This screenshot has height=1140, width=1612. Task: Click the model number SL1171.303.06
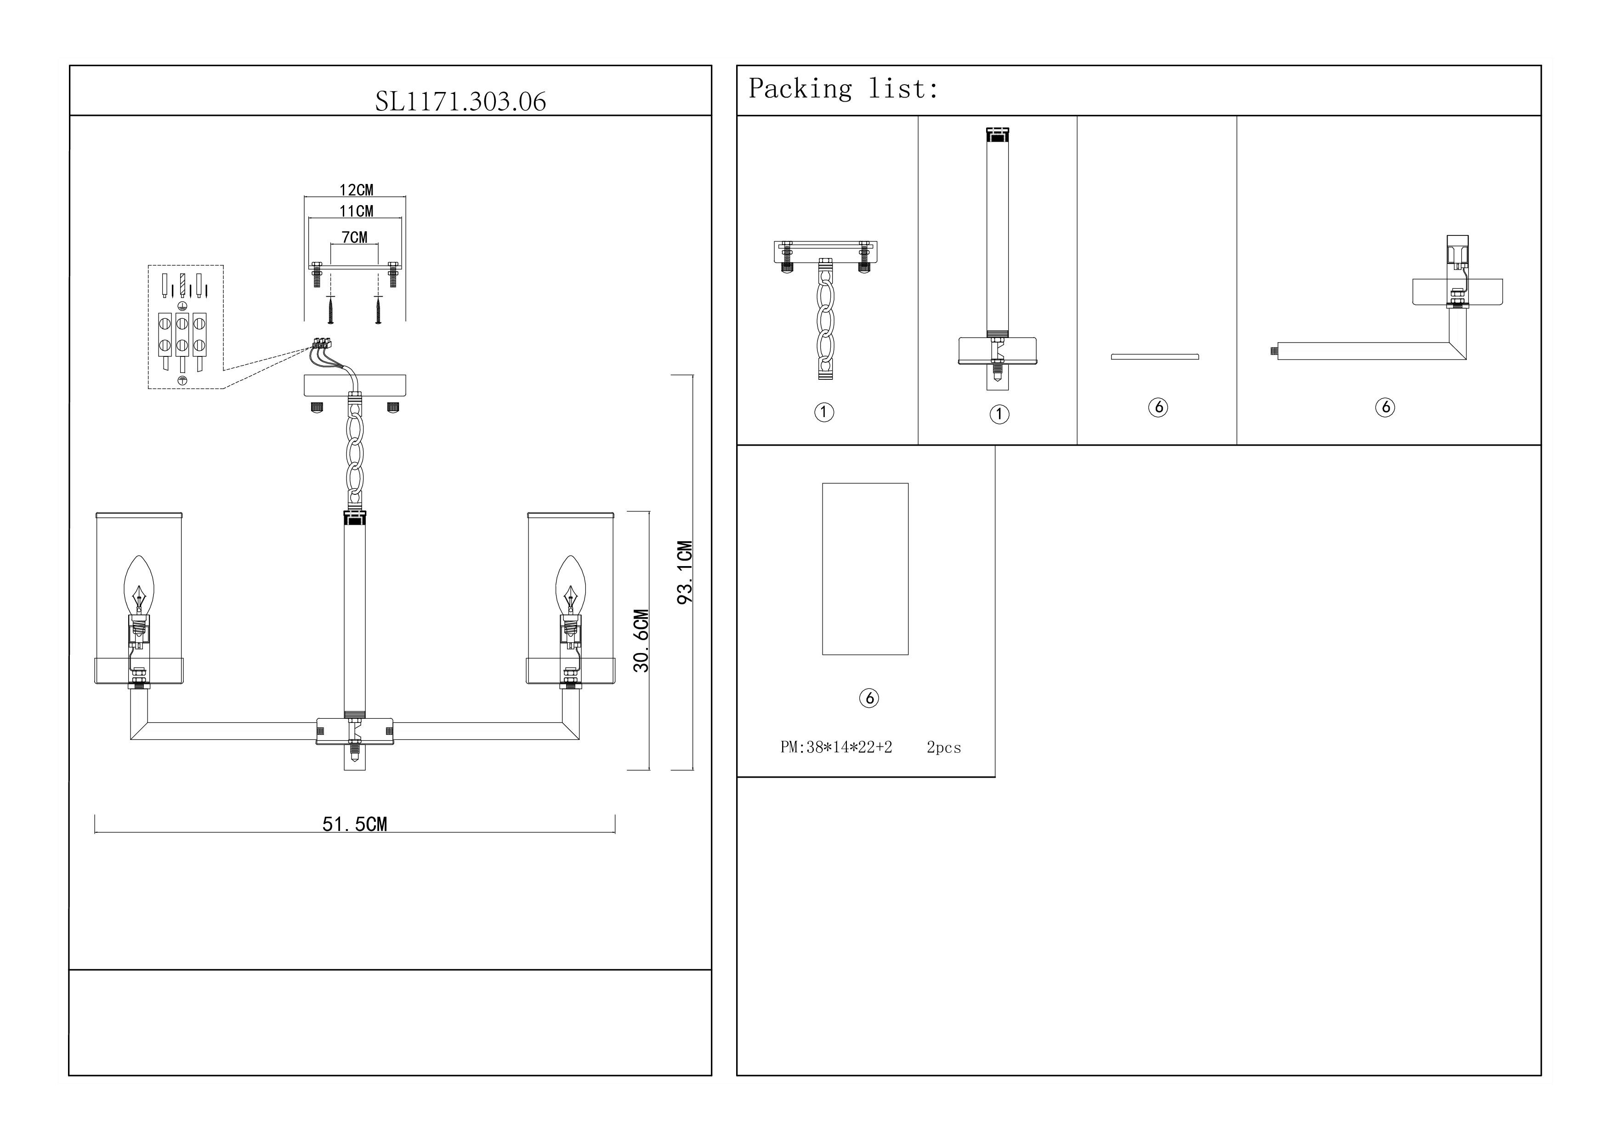460,102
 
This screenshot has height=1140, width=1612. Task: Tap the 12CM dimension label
356,189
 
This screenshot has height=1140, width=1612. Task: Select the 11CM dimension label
356,211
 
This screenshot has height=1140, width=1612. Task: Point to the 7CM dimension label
355,237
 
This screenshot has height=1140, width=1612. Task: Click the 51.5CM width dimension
355,824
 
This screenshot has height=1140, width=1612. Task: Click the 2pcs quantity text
943,747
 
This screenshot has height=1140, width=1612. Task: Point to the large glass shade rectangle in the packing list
865,568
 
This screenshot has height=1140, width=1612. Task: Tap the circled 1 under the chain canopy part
824,412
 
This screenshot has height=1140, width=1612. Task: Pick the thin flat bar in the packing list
1155,357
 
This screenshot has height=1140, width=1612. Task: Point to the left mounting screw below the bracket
330,310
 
